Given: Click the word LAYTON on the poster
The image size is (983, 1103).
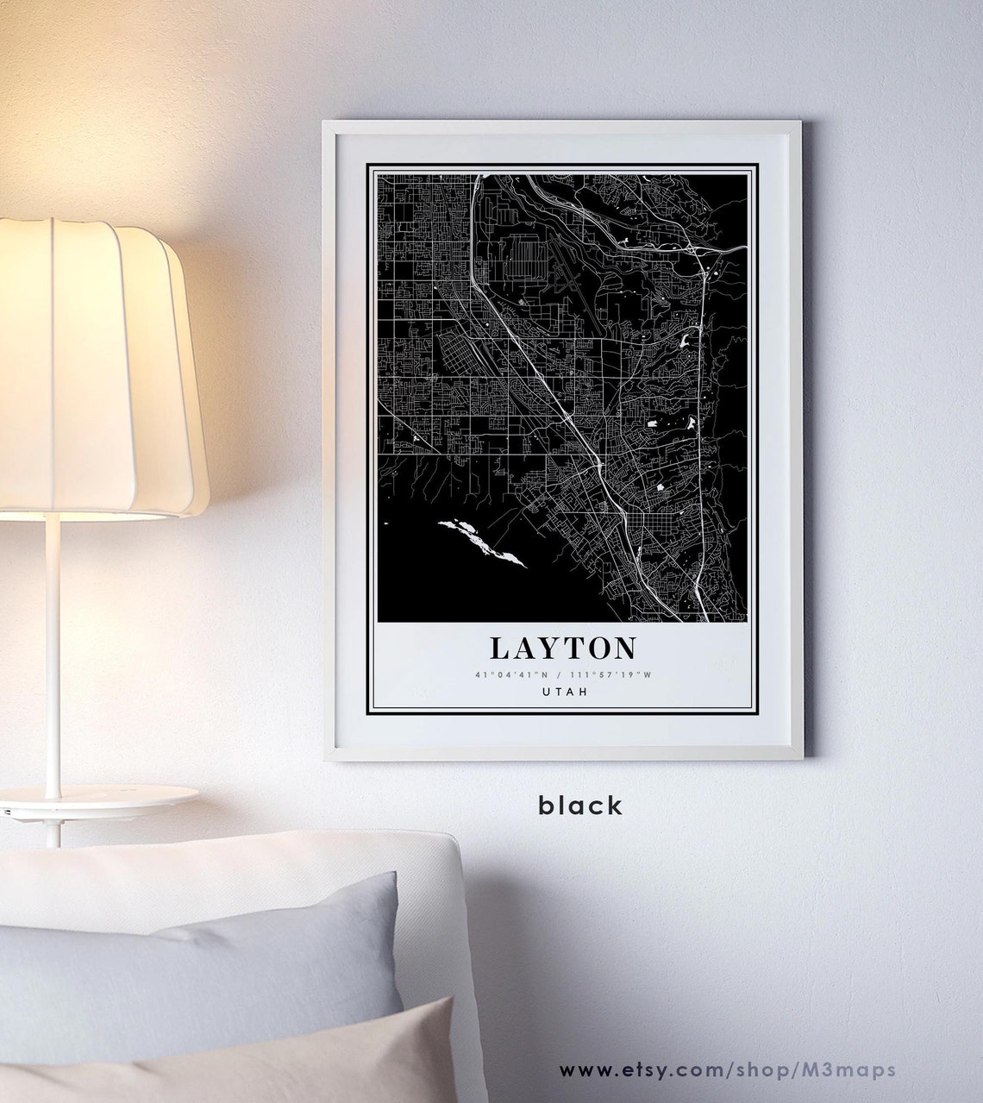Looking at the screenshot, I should [563, 649].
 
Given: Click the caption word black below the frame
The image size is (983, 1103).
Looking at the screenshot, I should [579, 805].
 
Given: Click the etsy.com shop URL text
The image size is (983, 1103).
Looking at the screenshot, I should [727, 1070].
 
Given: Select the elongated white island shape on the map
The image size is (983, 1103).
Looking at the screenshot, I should [481, 542].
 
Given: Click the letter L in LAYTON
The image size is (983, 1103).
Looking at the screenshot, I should [501, 649].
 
